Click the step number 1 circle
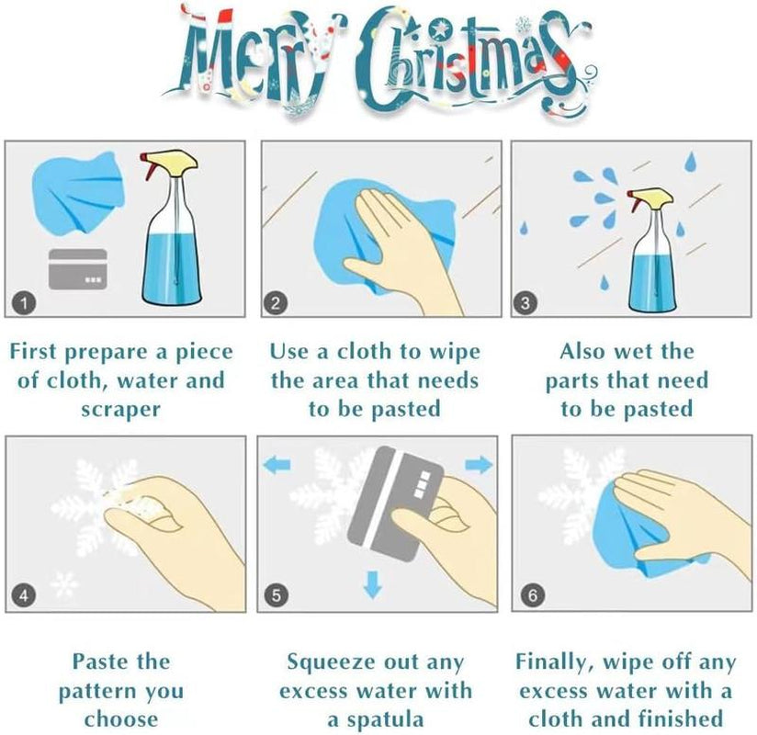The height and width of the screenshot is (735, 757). [x=24, y=303]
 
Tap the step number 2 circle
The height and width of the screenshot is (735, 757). [x=276, y=303]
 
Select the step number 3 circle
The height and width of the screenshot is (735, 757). [x=525, y=303]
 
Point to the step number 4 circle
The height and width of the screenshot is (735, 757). [x=23, y=595]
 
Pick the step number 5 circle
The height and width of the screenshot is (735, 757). [x=277, y=595]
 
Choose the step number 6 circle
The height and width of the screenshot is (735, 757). [x=533, y=594]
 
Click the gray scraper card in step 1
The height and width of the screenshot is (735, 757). [x=78, y=269]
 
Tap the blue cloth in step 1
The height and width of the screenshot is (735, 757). [x=78, y=192]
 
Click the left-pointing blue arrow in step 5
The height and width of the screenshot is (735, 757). [x=277, y=465]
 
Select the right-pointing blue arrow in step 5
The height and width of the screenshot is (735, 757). [x=479, y=465]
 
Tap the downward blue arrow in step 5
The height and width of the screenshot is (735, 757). [x=372, y=583]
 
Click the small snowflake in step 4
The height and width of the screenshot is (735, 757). [x=64, y=583]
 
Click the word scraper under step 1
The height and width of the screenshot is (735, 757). [x=120, y=410]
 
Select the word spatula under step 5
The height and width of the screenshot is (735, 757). [x=385, y=720]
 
